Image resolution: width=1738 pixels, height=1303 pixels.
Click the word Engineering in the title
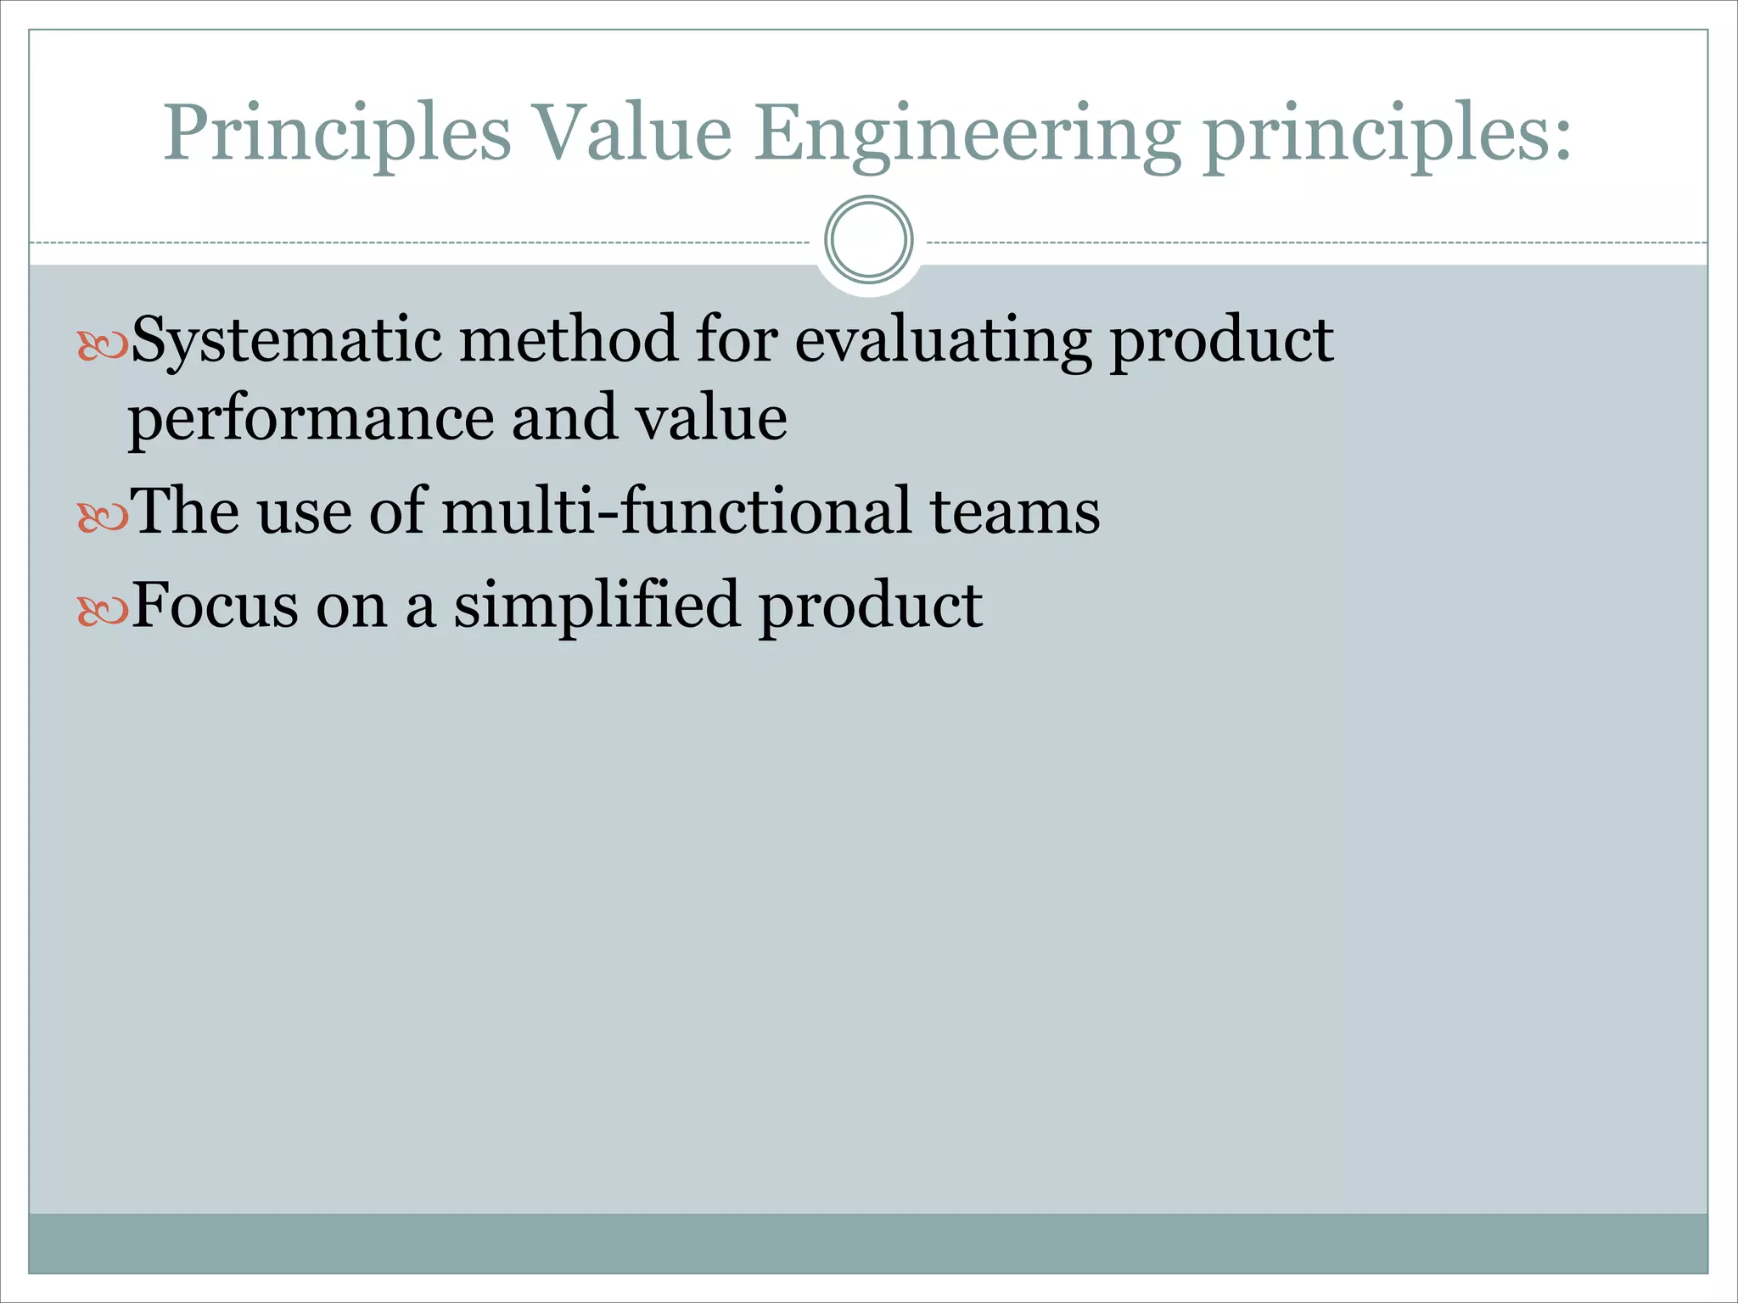pyautogui.click(x=967, y=134)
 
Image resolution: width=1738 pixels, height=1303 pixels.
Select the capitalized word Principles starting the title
pyautogui.click(x=337, y=134)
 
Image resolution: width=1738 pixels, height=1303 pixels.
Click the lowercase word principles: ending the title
pyautogui.click(x=1388, y=134)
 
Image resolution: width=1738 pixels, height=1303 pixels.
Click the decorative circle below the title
pyautogui.click(x=868, y=240)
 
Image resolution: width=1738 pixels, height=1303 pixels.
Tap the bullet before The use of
pyautogui.click(x=102, y=516)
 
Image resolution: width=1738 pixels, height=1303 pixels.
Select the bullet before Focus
pyautogui.click(x=102, y=610)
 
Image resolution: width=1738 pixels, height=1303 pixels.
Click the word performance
pyautogui.click(x=311, y=419)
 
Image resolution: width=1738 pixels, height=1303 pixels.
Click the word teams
pyautogui.click(x=1015, y=512)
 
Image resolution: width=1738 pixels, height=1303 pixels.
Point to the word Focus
pyautogui.click(x=216, y=605)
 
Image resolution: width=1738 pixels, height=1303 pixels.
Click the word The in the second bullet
pyautogui.click(x=185, y=511)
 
